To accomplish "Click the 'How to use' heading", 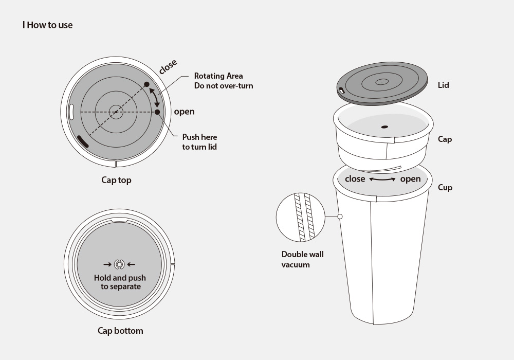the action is tap(50, 25).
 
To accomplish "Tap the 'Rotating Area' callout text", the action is tap(218, 76).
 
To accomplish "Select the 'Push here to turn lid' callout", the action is tap(199, 141).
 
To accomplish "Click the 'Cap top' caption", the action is tap(116, 180).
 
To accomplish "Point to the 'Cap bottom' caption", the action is tap(120, 331).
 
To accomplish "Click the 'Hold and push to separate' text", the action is tap(120, 282).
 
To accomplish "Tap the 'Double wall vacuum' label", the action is tap(302, 259).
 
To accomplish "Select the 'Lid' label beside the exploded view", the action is tap(443, 85).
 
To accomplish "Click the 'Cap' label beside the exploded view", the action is tap(445, 139).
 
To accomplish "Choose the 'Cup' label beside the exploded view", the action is tap(445, 188).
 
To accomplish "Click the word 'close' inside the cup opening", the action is tap(355, 178).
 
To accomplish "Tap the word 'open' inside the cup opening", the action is tap(410, 179).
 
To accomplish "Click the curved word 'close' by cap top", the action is tap(168, 66).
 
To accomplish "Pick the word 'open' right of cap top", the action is tap(184, 112).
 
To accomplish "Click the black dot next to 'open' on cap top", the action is tap(157, 112).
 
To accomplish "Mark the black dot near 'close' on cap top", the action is tap(147, 84).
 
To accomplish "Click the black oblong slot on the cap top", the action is tap(83, 141).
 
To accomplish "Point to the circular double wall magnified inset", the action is tap(301, 218).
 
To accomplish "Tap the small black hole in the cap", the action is tap(384, 127).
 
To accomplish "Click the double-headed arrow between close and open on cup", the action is tap(382, 179).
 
